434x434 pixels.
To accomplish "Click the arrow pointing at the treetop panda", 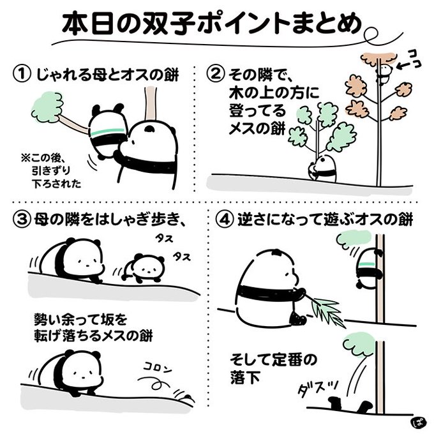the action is point(403,66).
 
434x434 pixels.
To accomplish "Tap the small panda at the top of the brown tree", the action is point(384,74).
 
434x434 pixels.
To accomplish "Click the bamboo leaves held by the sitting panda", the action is point(328,311).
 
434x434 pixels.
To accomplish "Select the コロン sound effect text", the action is point(158,368).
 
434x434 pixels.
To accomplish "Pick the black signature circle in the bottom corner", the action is point(417,423).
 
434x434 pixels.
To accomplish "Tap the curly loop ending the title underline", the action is point(370,34).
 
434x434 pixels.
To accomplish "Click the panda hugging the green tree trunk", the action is point(322,168).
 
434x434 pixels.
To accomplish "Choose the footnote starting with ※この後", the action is point(51,171).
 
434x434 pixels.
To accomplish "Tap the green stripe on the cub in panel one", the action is point(108,131).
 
